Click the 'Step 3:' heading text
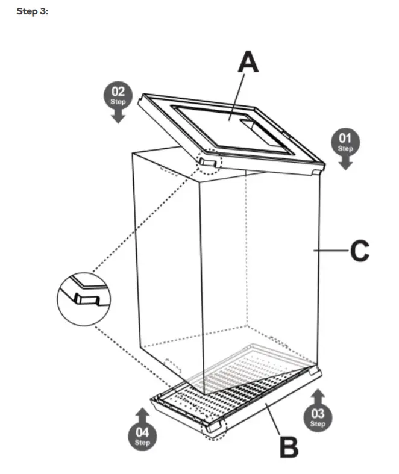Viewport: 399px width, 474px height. click(32, 13)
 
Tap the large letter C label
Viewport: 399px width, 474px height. click(359, 251)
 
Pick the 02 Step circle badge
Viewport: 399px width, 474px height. click(119, 96)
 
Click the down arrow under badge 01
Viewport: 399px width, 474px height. click(345, 163)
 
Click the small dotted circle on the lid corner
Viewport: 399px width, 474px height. click(209, 161)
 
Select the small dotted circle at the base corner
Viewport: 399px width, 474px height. click(214, 429)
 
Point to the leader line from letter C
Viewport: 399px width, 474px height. click(331, 249)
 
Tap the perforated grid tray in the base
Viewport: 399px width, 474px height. click(241, 385)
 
